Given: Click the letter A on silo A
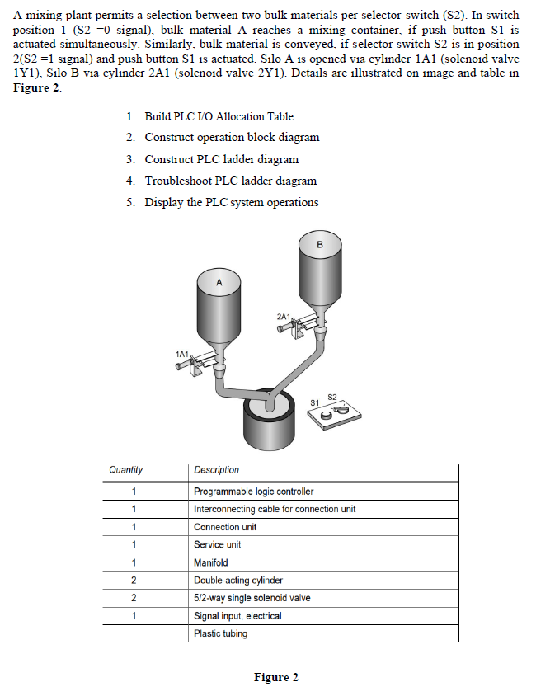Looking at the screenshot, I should click(219, 282).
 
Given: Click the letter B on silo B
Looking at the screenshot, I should click(320, 244).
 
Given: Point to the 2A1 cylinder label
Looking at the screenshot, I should click(284, 316).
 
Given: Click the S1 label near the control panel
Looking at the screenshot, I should click(314, 402).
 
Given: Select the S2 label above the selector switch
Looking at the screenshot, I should click(332, 397).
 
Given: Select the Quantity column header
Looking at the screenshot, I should click(125, 470).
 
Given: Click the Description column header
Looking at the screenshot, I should click(216, 470).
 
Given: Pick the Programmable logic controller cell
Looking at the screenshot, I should click(253, 492).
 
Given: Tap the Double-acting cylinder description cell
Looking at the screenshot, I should click(237, 581).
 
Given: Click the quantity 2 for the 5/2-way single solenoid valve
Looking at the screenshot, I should click(133, 598).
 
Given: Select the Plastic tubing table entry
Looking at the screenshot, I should click(220, 633).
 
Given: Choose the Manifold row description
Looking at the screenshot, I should click(210, 562).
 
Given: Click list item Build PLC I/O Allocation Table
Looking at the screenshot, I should click(219, 116).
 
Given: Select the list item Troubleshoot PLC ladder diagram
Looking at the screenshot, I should click(230, 181).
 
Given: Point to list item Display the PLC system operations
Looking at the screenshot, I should click(231, 202).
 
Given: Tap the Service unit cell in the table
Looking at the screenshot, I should click(217, 544).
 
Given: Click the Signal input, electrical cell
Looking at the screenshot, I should click(237, 616).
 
